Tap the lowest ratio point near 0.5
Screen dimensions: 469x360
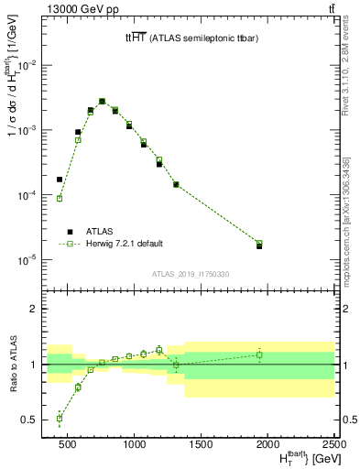[60, 418]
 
